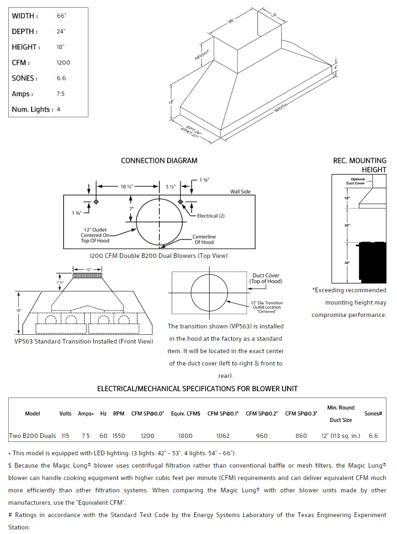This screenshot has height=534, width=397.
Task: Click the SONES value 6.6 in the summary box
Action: (x=61, y=78)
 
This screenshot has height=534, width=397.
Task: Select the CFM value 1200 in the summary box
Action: (x=63, y=63)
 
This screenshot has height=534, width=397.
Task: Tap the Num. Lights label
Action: (x=33, y=109)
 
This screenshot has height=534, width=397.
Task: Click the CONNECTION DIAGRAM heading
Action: (x=159, y=161)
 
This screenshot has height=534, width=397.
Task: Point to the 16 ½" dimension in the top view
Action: (x=127, y=186)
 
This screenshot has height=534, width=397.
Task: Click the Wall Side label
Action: (x=240, y=192)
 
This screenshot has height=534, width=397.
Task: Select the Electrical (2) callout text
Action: (x=211, y=216)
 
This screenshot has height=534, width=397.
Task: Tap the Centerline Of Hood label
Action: (x=204, y=239)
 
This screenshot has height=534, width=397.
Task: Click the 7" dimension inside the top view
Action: (x=131, y=209)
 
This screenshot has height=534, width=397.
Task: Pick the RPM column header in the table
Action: (x=119, y=414)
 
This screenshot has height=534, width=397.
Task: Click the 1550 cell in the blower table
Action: (x=119, y=436)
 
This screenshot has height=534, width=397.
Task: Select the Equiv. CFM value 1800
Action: (x=185, y=436)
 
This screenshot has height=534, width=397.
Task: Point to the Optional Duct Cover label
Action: (x=358, y=181)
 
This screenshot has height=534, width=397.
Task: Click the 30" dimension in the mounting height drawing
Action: (x=347, y=225)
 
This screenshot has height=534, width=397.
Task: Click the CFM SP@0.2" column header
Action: (x=262, y=414)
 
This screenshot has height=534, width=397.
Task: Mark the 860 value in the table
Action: (x=301, y=436)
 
